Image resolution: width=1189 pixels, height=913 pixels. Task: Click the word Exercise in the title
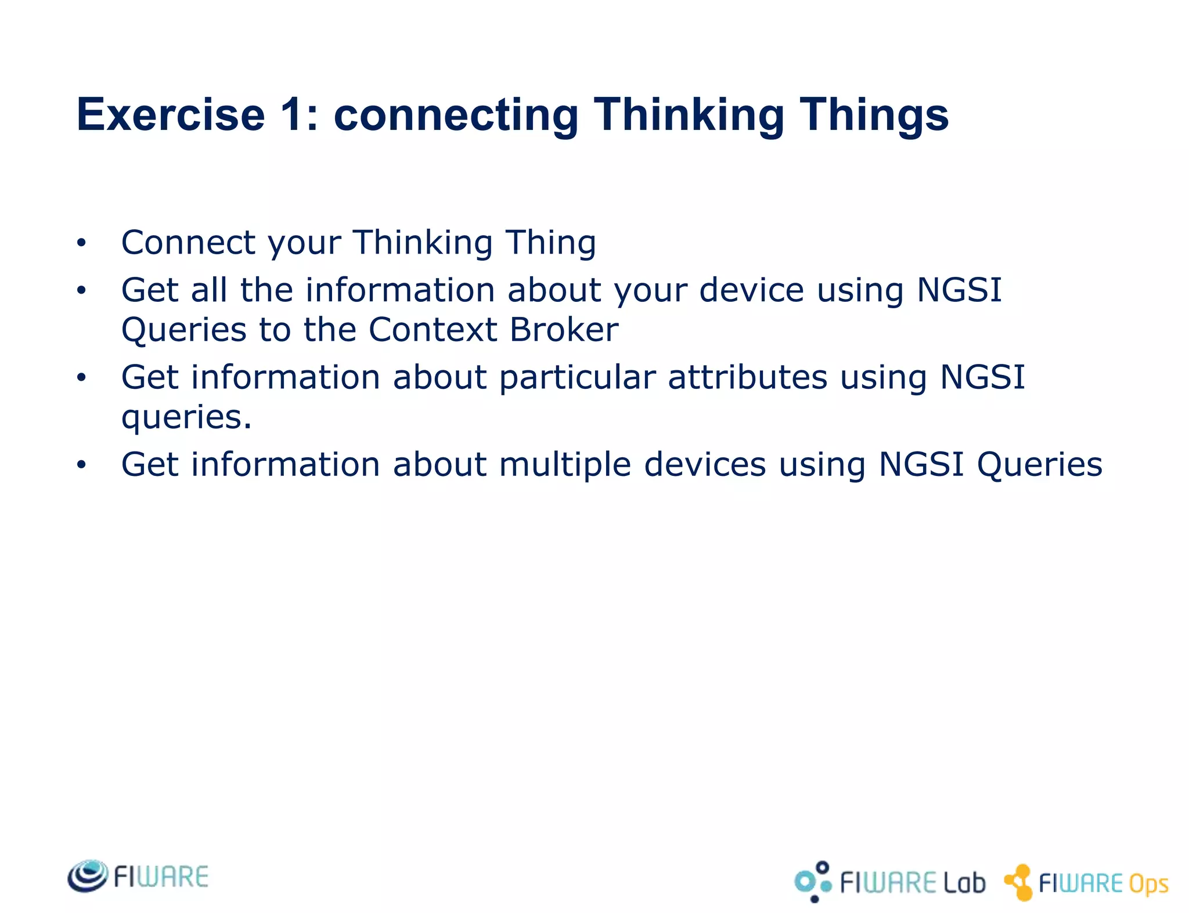[171, 115]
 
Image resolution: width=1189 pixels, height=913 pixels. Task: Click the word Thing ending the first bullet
[550, 243]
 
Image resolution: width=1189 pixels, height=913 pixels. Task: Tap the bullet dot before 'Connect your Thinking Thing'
[81, 243]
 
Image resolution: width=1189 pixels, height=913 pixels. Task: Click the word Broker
[564, 330]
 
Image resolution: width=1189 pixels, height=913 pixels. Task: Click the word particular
[577, 378]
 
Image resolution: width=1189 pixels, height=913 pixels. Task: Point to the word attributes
[747, 377]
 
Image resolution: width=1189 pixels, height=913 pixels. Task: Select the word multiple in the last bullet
[564, 465]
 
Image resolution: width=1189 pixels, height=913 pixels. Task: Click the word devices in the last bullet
[705, 465]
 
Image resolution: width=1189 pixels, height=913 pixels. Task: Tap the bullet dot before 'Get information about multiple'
[81, 465]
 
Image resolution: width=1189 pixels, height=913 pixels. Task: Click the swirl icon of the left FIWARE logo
[88, 876]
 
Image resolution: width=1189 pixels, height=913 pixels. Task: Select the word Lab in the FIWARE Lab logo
[964, 883]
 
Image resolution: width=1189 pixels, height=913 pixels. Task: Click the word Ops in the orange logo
[1148, 885]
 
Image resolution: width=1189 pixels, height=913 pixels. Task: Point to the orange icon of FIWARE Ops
[1019, 882]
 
